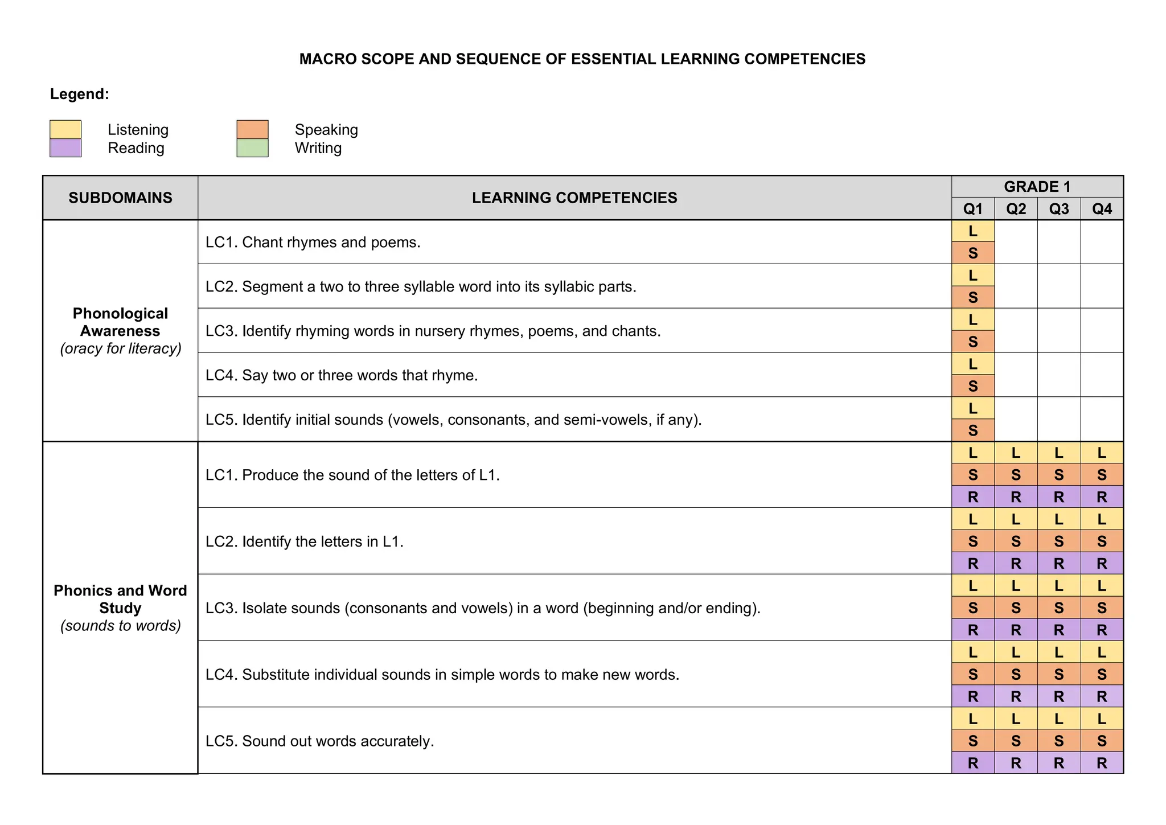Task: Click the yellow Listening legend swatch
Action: (65, 129)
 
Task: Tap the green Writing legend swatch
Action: (252, 148)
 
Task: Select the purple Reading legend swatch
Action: (65, 148)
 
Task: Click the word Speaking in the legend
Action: (326, 130)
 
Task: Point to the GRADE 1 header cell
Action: (1037, 187)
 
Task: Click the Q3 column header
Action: (1058, 209)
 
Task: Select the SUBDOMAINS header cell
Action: (120, 198)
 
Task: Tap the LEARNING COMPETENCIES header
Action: (574, 198)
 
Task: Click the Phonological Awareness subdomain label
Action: (120, 322)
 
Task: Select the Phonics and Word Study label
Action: (120, 599)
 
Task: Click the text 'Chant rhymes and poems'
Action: (331, 243)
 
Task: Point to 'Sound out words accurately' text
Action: (338, 741)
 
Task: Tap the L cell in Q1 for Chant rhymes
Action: (972, 231)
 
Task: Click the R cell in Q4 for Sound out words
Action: (1102, 763)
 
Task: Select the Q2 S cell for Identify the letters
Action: (1016, 541)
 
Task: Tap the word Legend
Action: (79, 94)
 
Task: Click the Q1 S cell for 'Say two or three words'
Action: (972, 386)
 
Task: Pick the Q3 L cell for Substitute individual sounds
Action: (1058, 652)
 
